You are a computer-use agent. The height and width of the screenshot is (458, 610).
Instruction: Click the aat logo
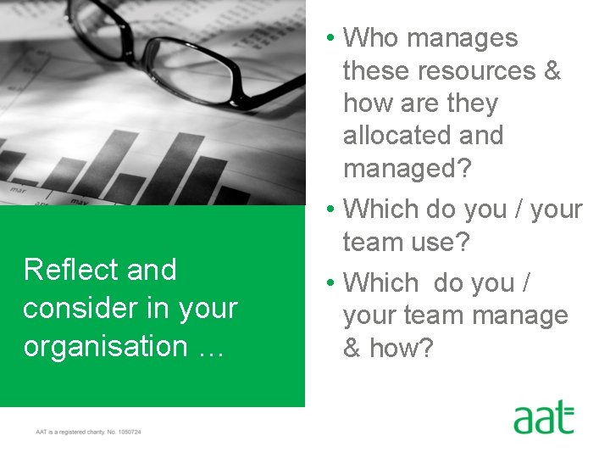[543, 419]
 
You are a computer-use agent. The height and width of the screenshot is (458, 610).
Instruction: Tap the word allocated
[423, 136]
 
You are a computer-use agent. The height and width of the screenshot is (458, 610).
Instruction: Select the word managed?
[408, 168]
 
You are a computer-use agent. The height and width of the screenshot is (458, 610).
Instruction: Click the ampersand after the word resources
[552, 71]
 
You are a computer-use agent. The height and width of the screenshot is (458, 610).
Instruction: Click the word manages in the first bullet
[463, 38]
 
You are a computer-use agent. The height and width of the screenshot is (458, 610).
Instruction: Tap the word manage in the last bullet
[524, 316]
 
